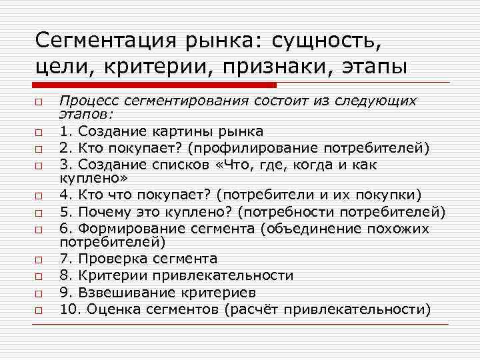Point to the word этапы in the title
click(x=369, y=67)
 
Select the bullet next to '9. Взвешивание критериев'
click(x=40, y=294)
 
